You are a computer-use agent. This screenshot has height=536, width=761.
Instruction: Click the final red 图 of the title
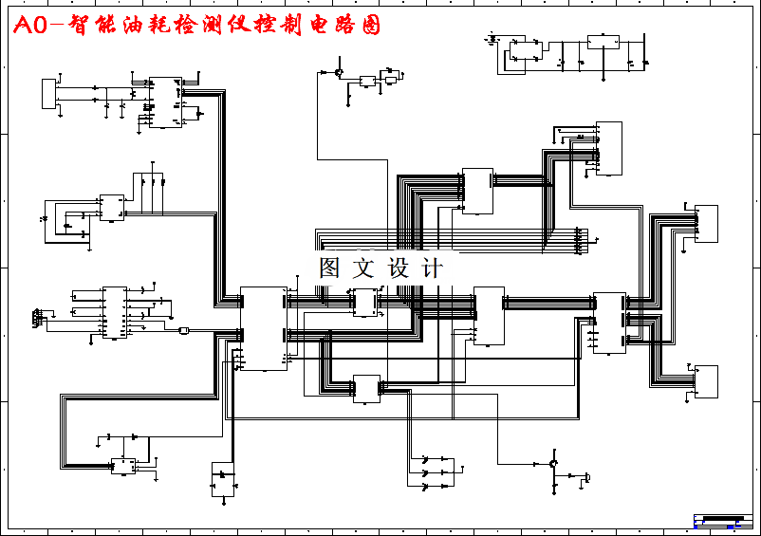(x=370, y=26)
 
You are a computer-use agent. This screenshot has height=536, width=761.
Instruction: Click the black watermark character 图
(x=329, y=268)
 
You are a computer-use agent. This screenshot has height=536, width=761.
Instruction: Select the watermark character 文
(x=362, y=268)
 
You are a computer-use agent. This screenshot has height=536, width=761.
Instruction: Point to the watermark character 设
(x=398, y=268)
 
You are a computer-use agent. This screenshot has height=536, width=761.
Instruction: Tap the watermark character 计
(x=432, y=268)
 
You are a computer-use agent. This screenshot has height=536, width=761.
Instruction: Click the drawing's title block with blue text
(x=722, y=521)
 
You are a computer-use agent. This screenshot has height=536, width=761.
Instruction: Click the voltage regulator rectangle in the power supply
(x=603, y=42)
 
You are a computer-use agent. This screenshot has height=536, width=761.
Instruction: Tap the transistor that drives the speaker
(x=552, y=463)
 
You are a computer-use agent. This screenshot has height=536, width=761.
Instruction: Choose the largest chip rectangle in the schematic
(x=263, y=328)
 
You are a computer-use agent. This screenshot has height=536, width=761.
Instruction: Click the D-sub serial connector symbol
(x=37, y=316)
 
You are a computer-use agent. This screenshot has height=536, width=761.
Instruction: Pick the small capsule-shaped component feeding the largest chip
(x=184, y=330)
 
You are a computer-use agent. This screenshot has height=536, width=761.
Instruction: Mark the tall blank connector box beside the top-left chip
(x=49, y=94)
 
